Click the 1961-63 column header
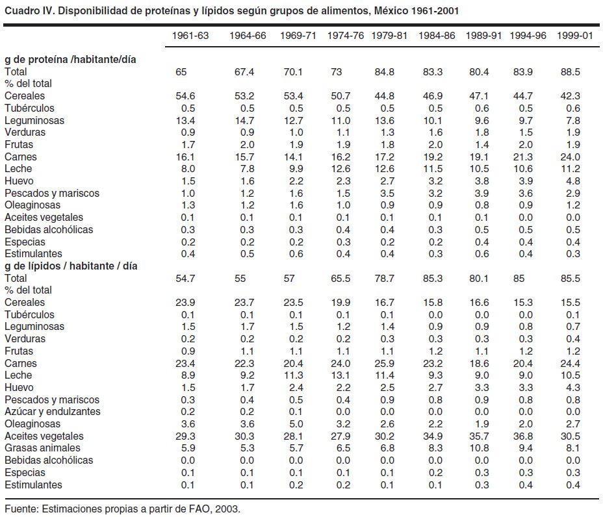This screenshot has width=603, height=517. pyautogui.click(x=190, y=36)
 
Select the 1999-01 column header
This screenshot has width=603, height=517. pyautogui.click(x=574, y=36)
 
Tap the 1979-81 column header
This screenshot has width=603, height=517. pyautogui.click(x=389, y=36)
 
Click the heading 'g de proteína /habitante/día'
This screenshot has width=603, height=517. pyautogui.click(x=70, y=60)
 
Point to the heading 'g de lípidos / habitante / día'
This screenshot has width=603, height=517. pyautogui.click(x=71, y=266)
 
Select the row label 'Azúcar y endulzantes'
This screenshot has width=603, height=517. pyautogui.click(x=52, y=412)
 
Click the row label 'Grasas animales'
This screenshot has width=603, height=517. pyautogui.click(x=42, y=448)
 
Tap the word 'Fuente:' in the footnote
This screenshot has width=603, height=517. pyautogui.click(x=21, y=509)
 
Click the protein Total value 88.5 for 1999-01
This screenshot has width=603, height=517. pyautogui.click(x=570, y=72)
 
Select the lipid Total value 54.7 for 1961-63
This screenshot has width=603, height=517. pyautogui.click(x=185, y=278)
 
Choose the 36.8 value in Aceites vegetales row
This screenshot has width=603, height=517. pyautogui.click(x=522, y=436)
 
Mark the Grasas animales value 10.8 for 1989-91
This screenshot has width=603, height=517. pyautogui.click(x=479, y=448)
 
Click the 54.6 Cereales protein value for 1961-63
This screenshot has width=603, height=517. pyautogui.click(x=185, y=96)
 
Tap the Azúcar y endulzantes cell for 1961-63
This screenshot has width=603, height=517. pyautogui.click(x=188, y=412)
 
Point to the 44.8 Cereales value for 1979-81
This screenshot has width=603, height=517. pyautogui.click(x=384, y=96)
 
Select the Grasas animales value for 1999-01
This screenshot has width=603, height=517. pyautogui.click(x=573, y=448)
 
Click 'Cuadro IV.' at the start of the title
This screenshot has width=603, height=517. pyautogui.click(x=30, y=10)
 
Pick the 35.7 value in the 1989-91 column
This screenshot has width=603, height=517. pyautogui.click(x=479, y=436)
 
